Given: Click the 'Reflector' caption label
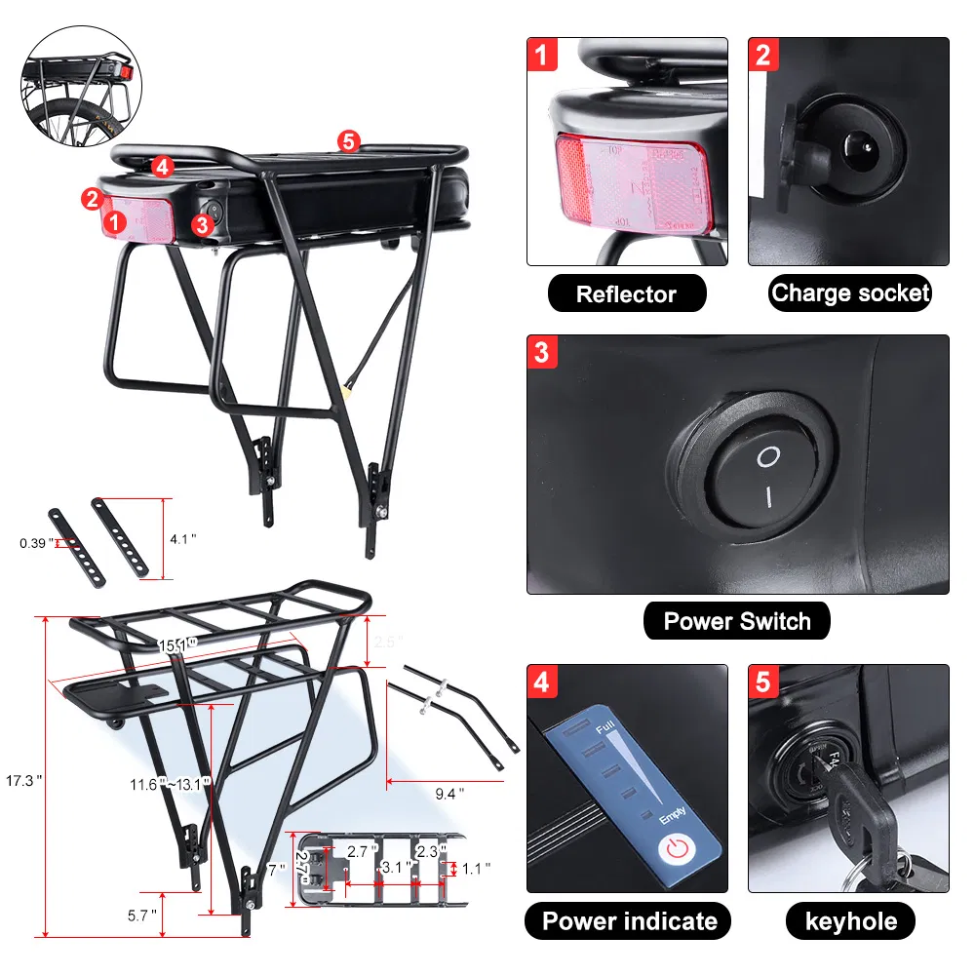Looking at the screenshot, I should (626, 293).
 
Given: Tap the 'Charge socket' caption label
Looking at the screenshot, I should (850, 292).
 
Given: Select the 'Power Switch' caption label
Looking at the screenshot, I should (736, 621).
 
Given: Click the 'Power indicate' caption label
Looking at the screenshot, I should (629, 920).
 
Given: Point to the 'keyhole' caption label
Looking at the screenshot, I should (850, 920).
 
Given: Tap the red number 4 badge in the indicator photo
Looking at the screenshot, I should (542, 681).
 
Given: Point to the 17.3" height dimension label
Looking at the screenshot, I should (24, 780).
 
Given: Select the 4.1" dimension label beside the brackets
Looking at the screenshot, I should (182, 538).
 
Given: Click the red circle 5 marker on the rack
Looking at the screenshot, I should (348, 140).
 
